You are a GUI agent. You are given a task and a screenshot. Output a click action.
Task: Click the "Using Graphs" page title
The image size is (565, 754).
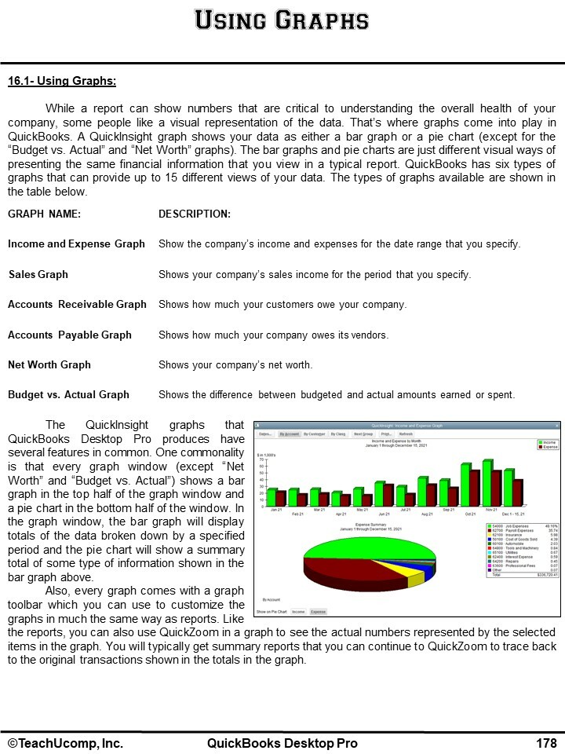click(x=282, y=20)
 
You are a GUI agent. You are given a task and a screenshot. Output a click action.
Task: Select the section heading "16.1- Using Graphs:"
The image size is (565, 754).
click(x=62, y=81)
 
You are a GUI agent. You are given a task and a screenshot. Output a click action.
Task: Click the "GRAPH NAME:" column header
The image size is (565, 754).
click(x=44, y=214)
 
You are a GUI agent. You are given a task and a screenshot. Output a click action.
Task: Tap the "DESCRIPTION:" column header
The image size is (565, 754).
click(x=195, y=214)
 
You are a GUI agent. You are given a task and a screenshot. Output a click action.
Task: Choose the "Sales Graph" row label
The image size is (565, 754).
click(x=38, y=275)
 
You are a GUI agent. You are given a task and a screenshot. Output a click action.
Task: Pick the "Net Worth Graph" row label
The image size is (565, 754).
click(x=49, y=364)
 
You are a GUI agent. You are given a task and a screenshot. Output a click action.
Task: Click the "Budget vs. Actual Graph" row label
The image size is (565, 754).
click(x=68, y=394)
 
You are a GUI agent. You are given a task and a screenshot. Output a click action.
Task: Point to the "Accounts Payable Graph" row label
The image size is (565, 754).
click(x=70, y=335)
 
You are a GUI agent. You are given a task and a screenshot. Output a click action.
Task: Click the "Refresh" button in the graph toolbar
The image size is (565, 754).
click(x=406, y=434)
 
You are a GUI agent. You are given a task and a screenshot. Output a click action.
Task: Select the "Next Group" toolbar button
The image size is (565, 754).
click(x=363, y=434)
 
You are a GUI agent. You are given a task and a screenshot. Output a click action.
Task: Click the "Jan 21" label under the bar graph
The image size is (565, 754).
click(x=276, y=510)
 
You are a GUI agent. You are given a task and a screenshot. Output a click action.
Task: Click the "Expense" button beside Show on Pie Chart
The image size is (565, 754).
click(x=318, y=610)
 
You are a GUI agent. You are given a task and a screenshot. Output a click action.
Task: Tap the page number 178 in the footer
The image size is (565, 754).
click(x=547, y=743)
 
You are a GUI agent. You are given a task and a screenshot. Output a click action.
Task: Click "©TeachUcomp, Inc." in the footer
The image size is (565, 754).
click(x=66, y=743)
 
